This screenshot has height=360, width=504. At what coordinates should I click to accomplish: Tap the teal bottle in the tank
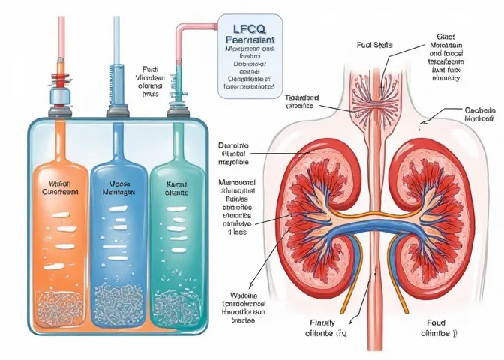(x=174, y=225)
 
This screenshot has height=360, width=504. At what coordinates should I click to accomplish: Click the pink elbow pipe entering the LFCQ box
(x=184, y=30)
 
